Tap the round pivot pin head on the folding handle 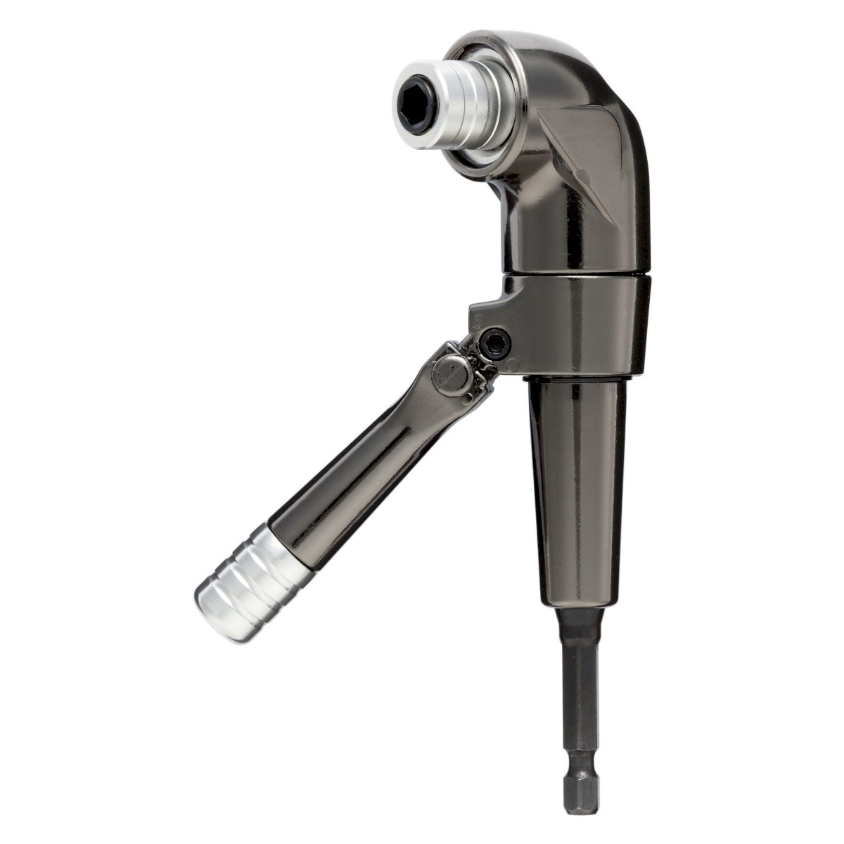coord(450,371)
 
